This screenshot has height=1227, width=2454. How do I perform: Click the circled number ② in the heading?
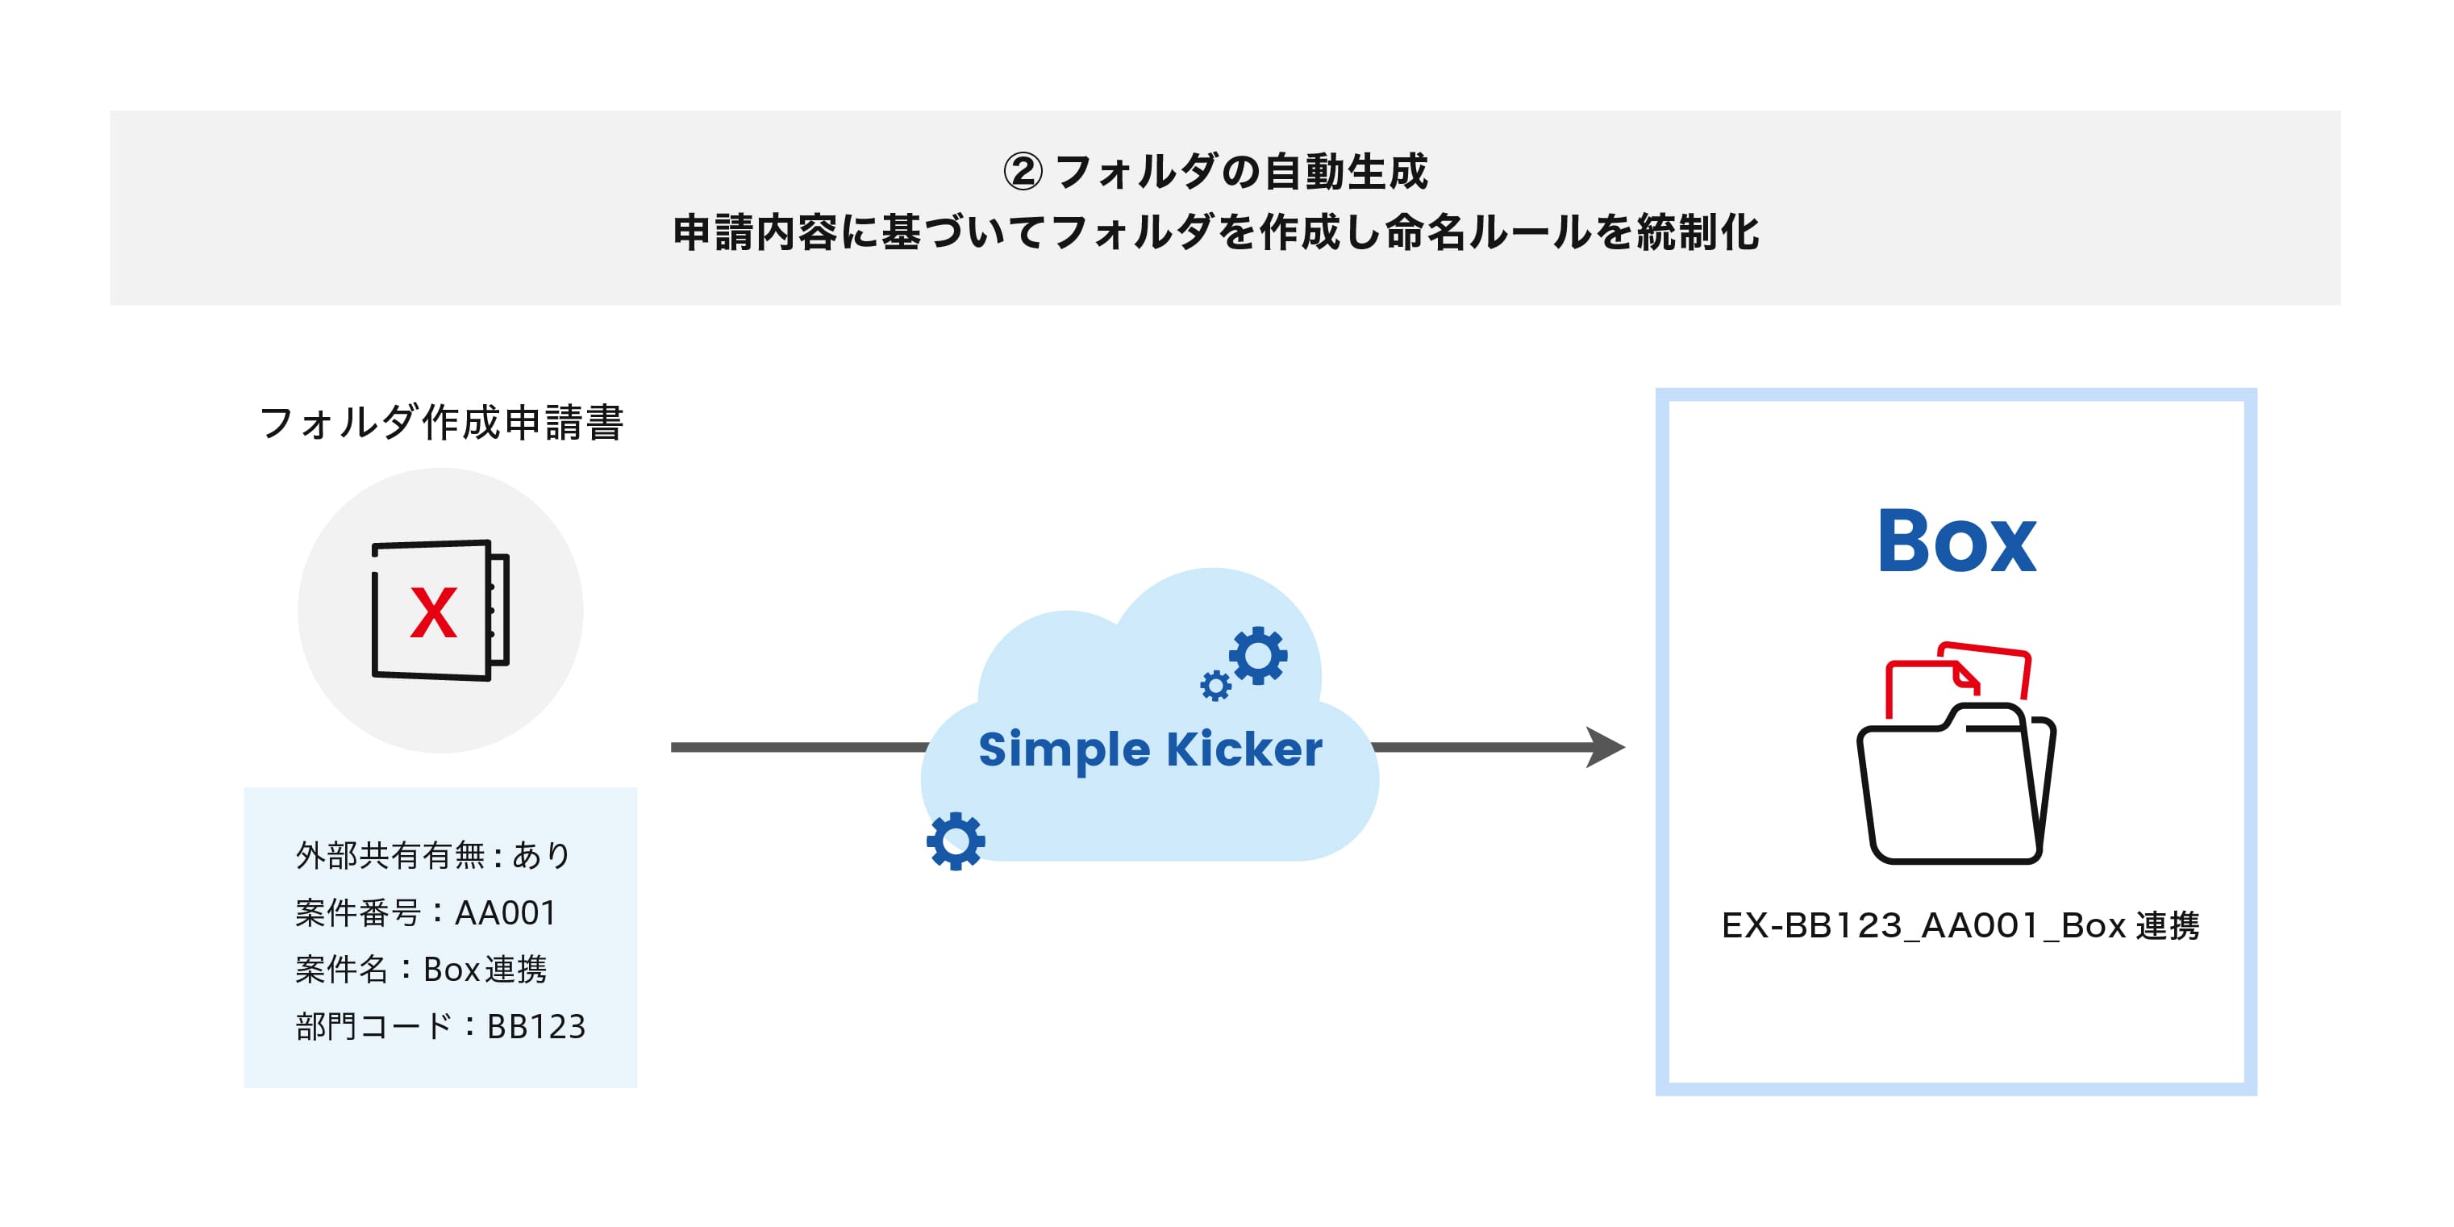1023,173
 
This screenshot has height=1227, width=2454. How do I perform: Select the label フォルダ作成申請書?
441,422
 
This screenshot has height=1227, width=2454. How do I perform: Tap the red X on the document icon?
433,612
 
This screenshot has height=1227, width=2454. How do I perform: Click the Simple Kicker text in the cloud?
1151,749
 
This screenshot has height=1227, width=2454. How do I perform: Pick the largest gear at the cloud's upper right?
1258,655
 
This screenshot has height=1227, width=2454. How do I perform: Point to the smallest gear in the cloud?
1215,686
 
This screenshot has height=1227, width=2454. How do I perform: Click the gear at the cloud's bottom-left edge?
956,841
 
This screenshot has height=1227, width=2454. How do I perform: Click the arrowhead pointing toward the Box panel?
1606,747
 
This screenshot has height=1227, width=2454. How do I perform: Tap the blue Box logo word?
1956,541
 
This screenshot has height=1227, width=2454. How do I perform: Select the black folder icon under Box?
1956,784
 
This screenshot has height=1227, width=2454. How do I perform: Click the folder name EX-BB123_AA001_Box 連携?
1960,926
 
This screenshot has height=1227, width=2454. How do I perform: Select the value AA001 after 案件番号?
506,912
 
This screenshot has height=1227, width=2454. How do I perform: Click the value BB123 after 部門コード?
536,1027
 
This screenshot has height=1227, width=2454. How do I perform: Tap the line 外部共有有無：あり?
433,855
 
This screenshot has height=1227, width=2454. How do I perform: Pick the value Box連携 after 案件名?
485,970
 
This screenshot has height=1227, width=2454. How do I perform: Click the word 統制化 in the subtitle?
1698,232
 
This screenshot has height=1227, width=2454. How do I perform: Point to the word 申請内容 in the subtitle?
756,232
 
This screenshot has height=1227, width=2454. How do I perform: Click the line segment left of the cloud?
800,747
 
